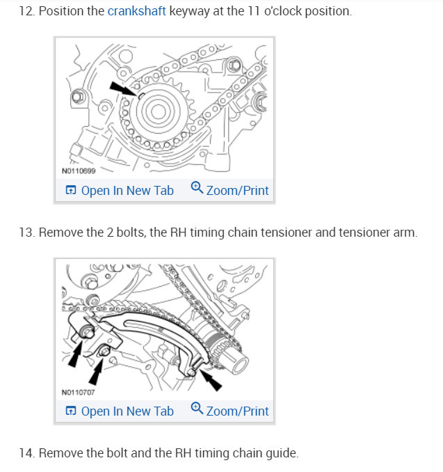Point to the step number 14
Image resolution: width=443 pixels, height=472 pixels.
tap(26, 453)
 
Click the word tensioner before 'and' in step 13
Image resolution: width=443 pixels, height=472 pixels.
tap(284, 232)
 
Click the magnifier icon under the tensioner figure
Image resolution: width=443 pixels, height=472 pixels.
tap(196, 409)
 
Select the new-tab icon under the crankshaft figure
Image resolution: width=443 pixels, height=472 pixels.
tap(70, 190)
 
